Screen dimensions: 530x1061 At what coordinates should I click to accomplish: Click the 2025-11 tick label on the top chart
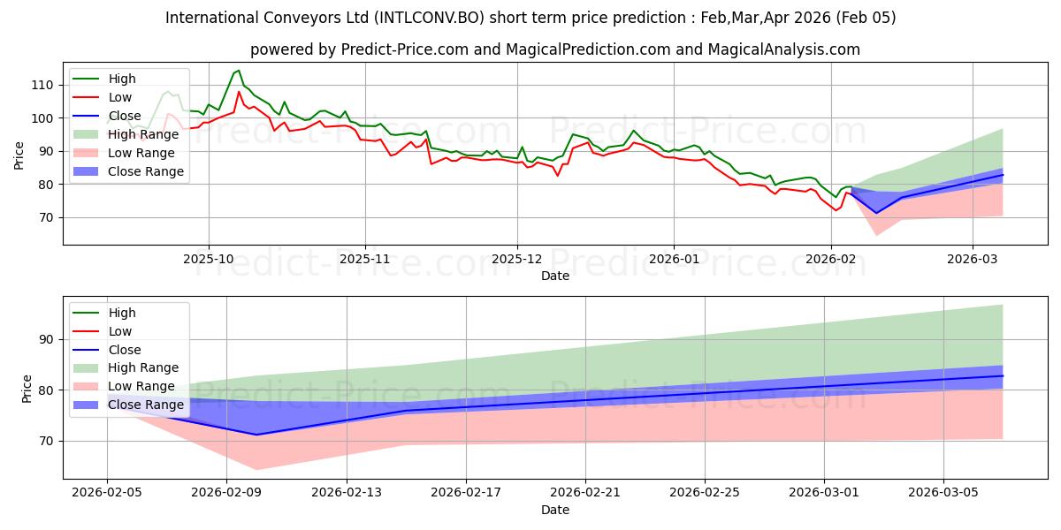point(365,260)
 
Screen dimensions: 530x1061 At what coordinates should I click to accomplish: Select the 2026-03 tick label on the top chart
point(973,260)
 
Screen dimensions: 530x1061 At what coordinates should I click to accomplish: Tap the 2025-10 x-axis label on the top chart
point(209,260)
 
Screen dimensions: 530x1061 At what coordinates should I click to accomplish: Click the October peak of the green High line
point(238,71)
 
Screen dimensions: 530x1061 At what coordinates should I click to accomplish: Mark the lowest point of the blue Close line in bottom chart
point(256,435)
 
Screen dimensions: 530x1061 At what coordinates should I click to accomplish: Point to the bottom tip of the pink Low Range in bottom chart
point(256,470)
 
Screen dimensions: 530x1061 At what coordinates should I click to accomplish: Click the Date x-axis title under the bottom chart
point(555,511)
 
